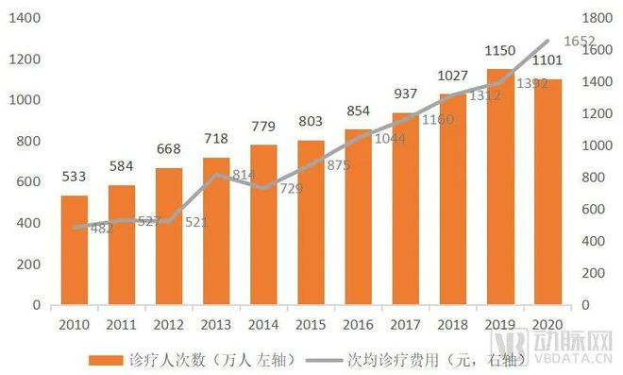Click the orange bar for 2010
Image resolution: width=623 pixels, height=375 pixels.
[75, 250]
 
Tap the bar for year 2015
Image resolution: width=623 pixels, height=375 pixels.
[311, 223]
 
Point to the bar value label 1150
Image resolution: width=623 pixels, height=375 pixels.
[500, 48]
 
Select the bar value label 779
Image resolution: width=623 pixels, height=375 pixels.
[263, 125]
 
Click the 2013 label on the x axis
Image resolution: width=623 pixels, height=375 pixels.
[216, 325]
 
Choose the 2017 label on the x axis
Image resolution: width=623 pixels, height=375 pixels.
[405, 325]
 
